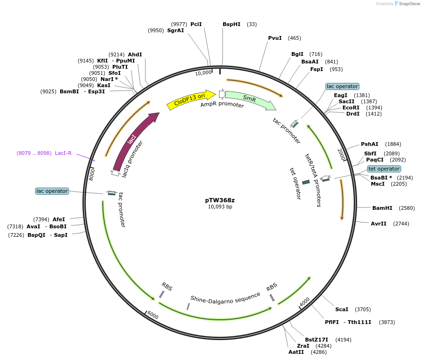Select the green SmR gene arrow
(x=250, y=99)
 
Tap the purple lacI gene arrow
(x=133, y=140)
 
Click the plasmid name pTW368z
(x=220, y=200)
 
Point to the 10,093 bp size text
(x=220, y=207)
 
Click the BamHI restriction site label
(x=382, y=208)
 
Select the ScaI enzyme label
(x=341, y=309)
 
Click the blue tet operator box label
(x=384, y=169)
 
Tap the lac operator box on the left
(x=52, y=191)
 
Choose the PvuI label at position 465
(x=275, y=38)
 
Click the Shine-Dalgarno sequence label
(x=225, y=297)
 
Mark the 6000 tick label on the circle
(x=153, y=315)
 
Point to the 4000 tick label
(x=305, y=301)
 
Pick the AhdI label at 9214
(x=135, y=55)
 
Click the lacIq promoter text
(x=132, y=159)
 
